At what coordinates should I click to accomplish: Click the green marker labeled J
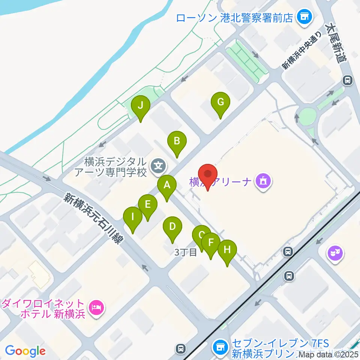[140, 106]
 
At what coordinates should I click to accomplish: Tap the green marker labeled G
[220, 102]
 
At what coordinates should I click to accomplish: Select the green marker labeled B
[177, 142]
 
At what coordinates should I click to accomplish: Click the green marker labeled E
[147, 205]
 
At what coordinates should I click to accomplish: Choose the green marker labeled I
[132, 217]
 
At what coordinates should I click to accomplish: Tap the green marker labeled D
[172, 227]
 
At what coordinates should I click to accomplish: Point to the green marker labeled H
[227, 250]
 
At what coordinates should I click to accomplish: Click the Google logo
[25, 351]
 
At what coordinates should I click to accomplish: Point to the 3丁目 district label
[186, 252]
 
